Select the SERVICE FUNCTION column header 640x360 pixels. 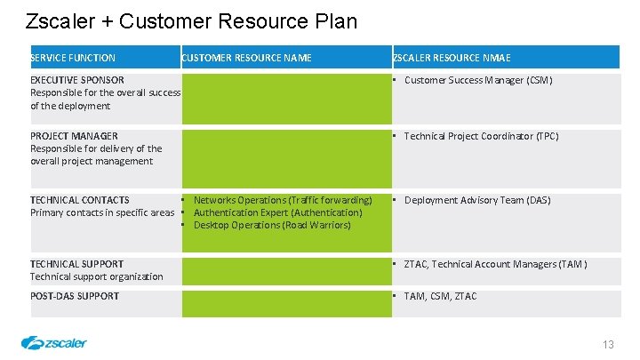73,58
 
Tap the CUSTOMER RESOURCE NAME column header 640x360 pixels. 246,58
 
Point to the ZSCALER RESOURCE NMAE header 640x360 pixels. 452,58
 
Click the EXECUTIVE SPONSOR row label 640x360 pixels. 77,80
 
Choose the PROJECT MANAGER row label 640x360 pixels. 74,136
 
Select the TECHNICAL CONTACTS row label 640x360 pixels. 79,200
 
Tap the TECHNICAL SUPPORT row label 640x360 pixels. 76,264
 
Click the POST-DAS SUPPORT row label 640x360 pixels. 75,296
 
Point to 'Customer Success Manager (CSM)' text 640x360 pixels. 478,80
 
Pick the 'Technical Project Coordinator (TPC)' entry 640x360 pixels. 481,136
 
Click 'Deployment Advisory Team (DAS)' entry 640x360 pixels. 477,200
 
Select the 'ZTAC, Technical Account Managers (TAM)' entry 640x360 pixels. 495,264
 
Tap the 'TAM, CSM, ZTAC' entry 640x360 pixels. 440,296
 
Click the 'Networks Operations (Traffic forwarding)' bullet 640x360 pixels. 283,200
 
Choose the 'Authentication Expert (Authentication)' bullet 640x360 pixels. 277,212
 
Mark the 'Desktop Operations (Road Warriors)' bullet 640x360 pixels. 272,225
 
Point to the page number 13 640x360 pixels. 608,344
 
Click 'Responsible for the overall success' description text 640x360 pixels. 105,92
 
